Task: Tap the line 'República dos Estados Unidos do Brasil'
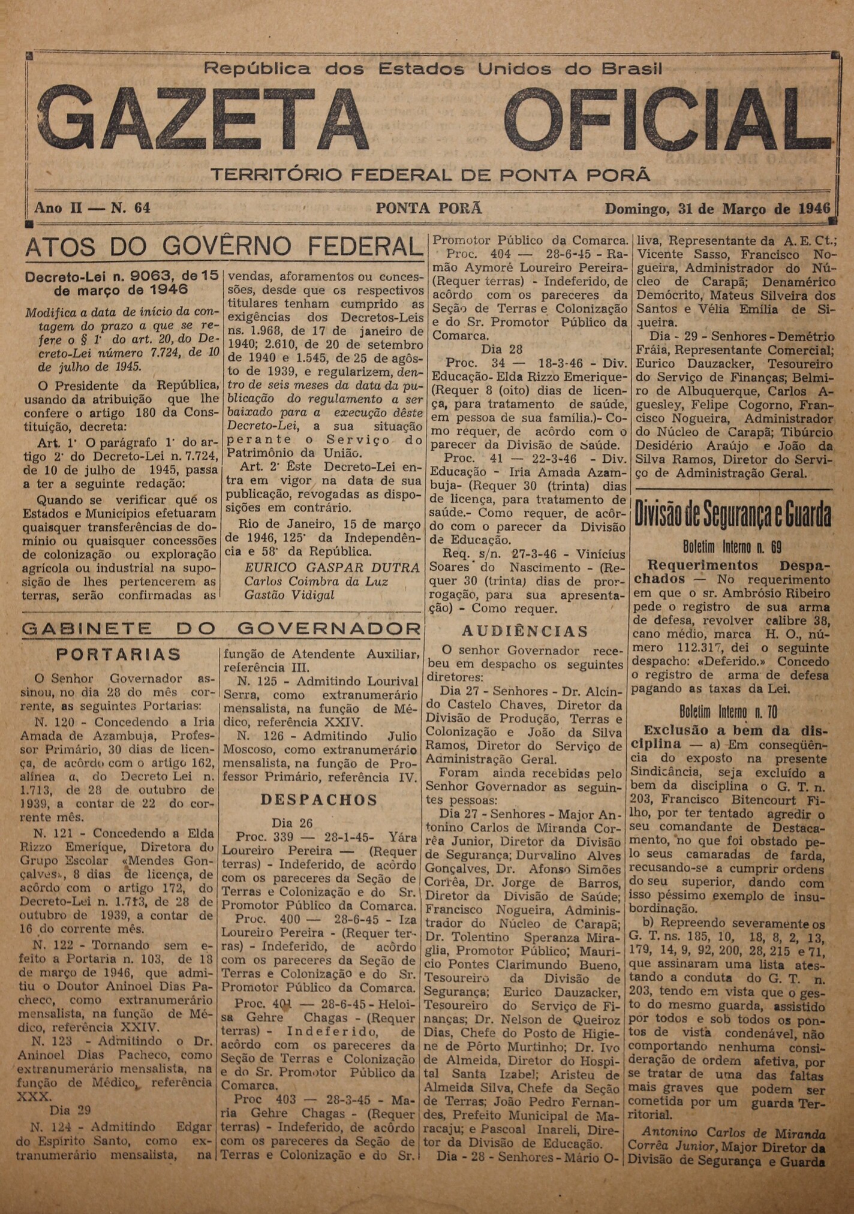(433, 69)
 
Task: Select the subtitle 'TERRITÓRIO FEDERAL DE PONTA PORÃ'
(431, 175)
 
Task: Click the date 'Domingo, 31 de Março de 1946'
(717, 209)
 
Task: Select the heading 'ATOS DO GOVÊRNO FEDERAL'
(222, 247)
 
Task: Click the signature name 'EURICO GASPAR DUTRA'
(332, 567)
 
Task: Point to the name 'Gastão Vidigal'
(289, 595)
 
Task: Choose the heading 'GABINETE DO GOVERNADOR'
(221, 628)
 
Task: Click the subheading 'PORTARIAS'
(118, 654)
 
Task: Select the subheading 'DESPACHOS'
(319, 800)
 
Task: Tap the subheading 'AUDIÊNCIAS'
(525, 631)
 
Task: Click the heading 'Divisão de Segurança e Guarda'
(733, 514)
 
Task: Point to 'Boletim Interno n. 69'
(732, 547)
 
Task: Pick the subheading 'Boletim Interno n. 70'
(729, 712)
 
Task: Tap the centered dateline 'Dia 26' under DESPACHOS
(292, 823)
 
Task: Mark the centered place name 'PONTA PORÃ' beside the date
(429, 209)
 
